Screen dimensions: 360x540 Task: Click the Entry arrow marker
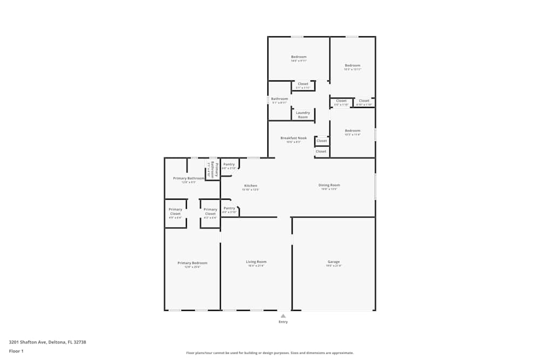click(283, 316)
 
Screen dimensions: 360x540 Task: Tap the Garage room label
click(334, 262)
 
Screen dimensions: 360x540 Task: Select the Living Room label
click(257, 262)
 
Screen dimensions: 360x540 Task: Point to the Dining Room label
click(329, 185)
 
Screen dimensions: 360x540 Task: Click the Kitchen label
click(251, 186)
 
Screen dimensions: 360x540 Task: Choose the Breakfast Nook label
click(293, 138)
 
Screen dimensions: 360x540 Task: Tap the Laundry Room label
click(303, 114)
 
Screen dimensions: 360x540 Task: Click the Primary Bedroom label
click(192, 263)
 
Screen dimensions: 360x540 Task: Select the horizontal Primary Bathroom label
click(188, 178)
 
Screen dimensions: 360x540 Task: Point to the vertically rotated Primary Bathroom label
click(212, 169)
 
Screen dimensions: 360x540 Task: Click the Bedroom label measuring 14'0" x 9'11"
click(299, 57)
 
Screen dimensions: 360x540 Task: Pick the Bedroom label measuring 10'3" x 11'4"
click(353, 131)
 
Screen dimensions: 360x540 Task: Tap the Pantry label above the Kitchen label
click(230, 164)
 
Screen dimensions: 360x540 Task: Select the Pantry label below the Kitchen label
click(230, 208)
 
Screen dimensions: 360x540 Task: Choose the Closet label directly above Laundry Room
click(303, 84)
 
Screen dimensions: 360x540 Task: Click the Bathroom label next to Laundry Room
click(279, 99)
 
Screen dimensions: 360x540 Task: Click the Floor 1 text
click(16, 351)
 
